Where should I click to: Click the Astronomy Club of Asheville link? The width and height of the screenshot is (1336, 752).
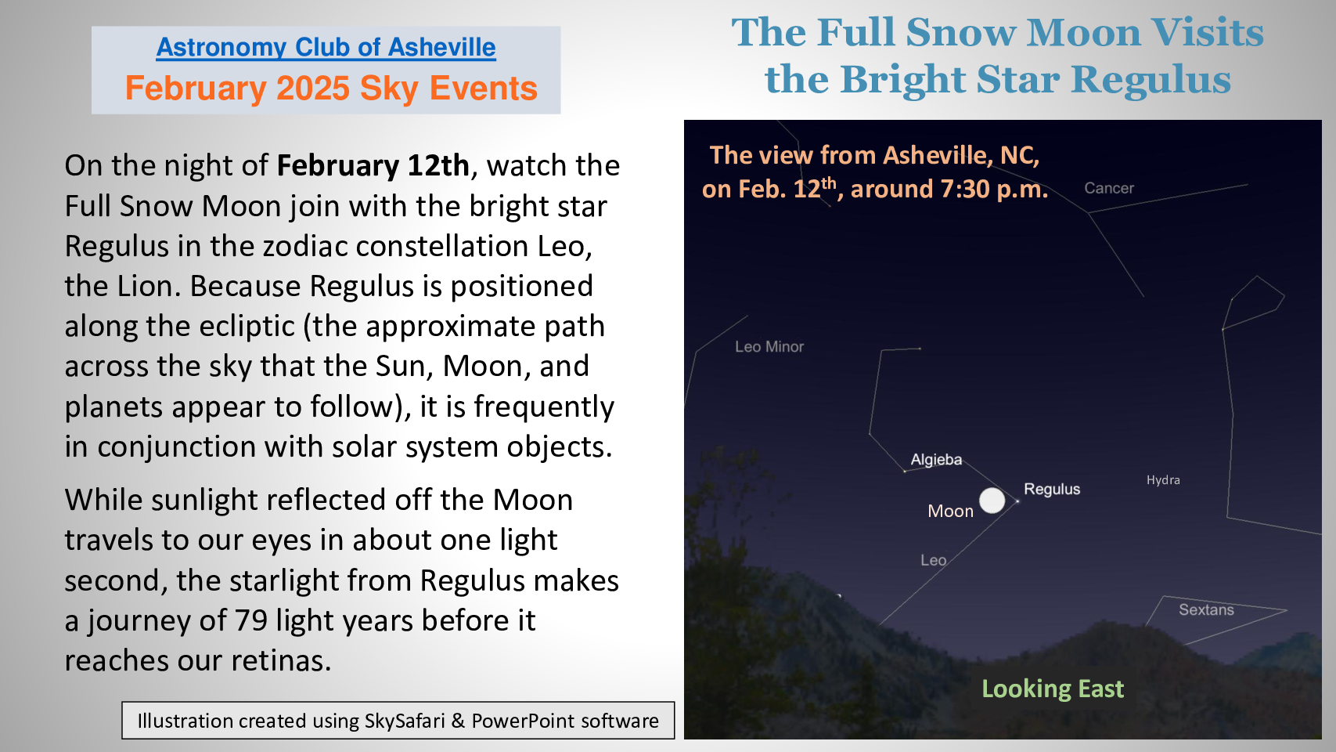pyautogui.click(x=326, y=47)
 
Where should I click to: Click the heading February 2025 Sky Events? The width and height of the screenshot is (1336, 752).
pyautogui.click(x=331, y=89)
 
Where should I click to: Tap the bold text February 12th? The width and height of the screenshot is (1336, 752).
pyautogui.click(x=373, y=165)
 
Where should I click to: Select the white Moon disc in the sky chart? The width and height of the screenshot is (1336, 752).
pyautogui.click(x=992, y=500)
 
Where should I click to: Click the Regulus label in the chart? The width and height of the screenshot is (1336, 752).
pyautogui.click(x=1052, y=490)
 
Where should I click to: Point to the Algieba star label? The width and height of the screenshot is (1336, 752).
pyautogui.click(x=936, y=460)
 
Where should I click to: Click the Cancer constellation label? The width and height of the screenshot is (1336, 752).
pyautogui.click(x=1109, y=188)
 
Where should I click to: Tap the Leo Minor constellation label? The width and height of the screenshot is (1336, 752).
pyautogui.click(x=769, y=347)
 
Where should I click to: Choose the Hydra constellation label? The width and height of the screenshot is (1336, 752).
pyautogui.click(x=1163, y=480)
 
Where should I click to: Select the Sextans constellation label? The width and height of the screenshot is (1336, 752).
pyautogui.click(x=1206, y=609)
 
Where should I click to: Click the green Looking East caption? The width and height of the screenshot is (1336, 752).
pyautogui.click(x=1053, y=689)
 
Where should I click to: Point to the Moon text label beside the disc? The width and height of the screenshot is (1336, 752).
pyautogui.click(x=951, y=511)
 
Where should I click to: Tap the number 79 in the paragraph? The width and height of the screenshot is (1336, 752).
pyautogui.click(x=250, y=620)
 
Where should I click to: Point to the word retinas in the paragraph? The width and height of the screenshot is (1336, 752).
pyautogui.click(x=280, y=660)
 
